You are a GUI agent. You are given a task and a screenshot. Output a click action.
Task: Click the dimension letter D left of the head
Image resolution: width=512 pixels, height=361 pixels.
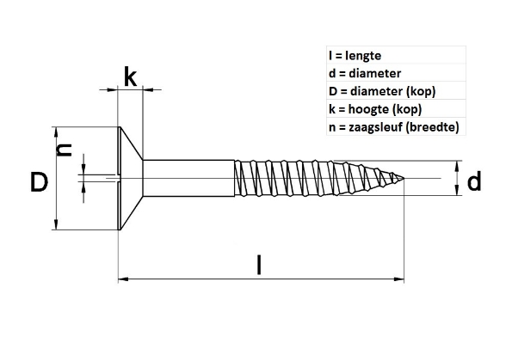38,182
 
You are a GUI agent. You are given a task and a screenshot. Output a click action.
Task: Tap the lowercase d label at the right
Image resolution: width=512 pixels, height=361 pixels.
473,180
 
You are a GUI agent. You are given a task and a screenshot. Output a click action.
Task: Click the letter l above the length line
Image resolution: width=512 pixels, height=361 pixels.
259,262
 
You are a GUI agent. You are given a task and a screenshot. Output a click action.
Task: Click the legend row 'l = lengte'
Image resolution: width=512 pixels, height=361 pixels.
349,56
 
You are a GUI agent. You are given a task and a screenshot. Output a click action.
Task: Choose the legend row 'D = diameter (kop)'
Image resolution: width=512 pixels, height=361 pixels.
376,92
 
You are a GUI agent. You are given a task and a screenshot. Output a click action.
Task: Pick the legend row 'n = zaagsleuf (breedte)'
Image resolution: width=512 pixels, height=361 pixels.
391,128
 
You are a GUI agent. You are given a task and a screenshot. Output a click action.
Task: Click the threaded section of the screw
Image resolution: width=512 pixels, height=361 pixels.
310,178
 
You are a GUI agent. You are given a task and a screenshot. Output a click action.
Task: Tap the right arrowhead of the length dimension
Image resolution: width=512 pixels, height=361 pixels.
400,278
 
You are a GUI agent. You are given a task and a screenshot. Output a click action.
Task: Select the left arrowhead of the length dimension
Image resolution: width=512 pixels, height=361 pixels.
121,278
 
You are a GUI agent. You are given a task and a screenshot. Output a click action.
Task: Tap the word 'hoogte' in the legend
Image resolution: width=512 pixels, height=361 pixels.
367,110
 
